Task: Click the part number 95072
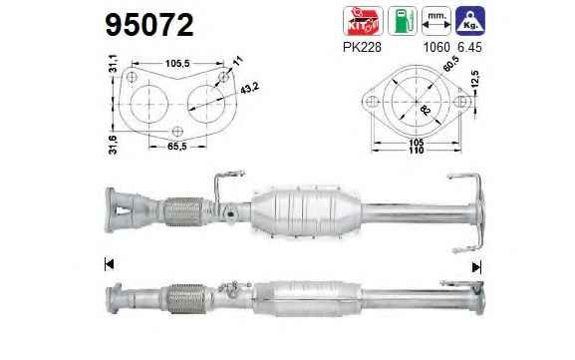point(149,25)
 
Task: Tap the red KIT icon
point(363,21)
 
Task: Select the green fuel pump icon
point(403,21)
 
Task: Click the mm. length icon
point(436,21)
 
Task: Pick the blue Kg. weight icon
point(470,21)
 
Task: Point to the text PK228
point(362,47)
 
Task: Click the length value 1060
point(436,47)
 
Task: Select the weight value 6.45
point(469,47)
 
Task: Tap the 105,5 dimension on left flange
point(177,64)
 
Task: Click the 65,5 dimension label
point(177,147)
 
